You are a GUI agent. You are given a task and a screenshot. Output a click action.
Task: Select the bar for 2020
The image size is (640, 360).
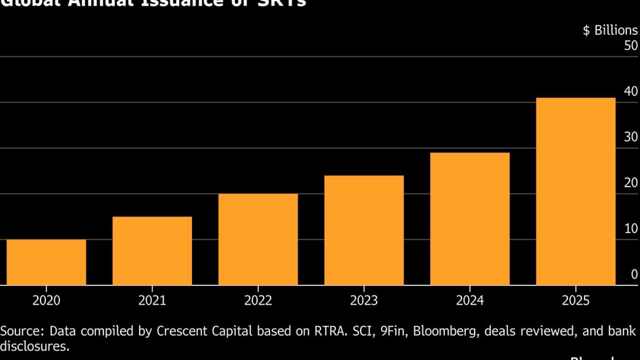[x=46, y=262]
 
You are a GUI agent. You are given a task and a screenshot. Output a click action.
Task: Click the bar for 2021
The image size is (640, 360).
[x=152, y=251]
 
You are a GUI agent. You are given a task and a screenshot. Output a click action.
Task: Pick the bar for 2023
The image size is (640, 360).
[x=364, y=230]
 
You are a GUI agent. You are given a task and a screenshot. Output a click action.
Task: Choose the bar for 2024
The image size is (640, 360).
[x=470, y=219]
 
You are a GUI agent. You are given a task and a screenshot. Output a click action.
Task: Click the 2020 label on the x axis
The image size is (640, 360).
[x=46, y=300]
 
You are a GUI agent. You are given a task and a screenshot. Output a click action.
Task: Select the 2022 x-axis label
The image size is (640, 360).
[x=258, y=300]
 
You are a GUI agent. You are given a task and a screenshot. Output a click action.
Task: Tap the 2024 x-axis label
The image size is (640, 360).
[x=470, y=300]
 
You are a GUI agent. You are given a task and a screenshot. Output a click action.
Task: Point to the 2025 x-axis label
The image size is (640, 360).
[x=576, y=300]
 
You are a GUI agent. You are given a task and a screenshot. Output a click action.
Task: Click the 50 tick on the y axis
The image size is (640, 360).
[x=631, y=46]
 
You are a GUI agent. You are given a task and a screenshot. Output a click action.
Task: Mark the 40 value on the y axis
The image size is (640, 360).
[x=631, y=91]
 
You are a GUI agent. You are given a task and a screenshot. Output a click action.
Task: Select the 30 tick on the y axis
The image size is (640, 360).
[x=631, y=137]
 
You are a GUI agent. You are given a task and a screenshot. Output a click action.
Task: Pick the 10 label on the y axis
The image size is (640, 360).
[x=631, y=228]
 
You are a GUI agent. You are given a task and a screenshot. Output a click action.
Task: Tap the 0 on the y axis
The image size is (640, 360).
[x=634, y=274]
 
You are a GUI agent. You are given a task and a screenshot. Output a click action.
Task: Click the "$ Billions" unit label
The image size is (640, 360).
[x=610, y=30]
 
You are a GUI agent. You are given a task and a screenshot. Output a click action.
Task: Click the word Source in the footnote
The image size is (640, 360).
[x=22, y=331]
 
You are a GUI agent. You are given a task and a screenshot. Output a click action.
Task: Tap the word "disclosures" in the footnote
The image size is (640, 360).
[x=34, y=346]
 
